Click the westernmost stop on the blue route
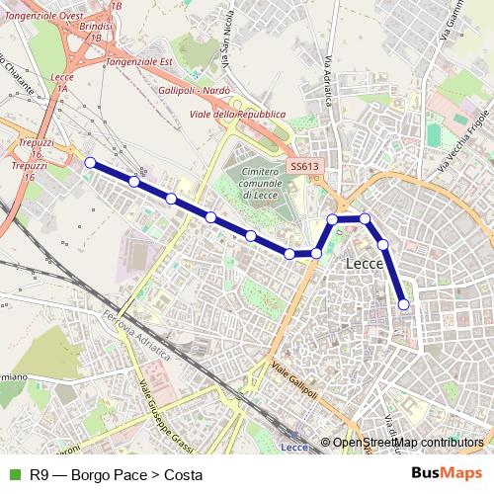[x=90, y=162]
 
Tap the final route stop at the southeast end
[x=403, y=305]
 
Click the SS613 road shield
[x=304, y=167]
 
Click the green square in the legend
[x=15, y=474]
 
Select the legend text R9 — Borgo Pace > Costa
[x=116, y=474]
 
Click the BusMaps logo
[x=447, y=473]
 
